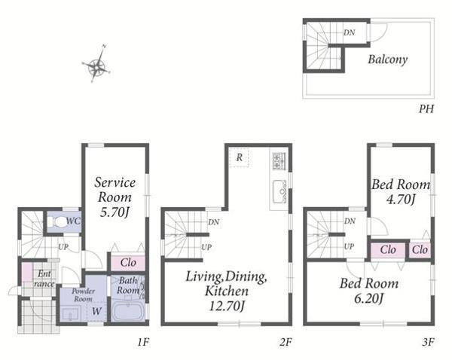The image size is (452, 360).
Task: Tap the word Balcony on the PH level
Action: click(x=388, y=59)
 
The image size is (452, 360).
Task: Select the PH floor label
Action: click(x=426, y=109)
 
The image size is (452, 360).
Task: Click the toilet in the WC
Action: click(x=59, y=222)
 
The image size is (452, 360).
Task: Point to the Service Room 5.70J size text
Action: click(x=115, y=212)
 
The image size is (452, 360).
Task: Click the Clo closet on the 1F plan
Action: click(x=128, y=263)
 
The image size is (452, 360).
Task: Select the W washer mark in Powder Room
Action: click(x=96, y=311)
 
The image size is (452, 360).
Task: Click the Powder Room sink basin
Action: click(x=70, y=313)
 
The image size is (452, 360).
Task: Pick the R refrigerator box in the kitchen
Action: click(x=240, y=157)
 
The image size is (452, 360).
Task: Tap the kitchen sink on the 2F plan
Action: click(x=279, y=192)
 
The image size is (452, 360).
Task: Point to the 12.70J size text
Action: click(x=227, y=306)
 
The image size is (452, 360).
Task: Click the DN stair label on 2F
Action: click(x=214, y=222)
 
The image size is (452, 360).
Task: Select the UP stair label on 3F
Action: click(x=349, y=247)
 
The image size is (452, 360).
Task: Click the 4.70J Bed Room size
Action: click(x=401, y=199)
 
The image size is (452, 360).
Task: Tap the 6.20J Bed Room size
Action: click(x=369, y=298)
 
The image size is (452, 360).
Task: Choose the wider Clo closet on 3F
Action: click(x=388, y=250)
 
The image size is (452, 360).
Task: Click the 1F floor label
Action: click(x=143, y=342)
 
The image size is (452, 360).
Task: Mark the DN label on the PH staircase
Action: click(x=349, y=33)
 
